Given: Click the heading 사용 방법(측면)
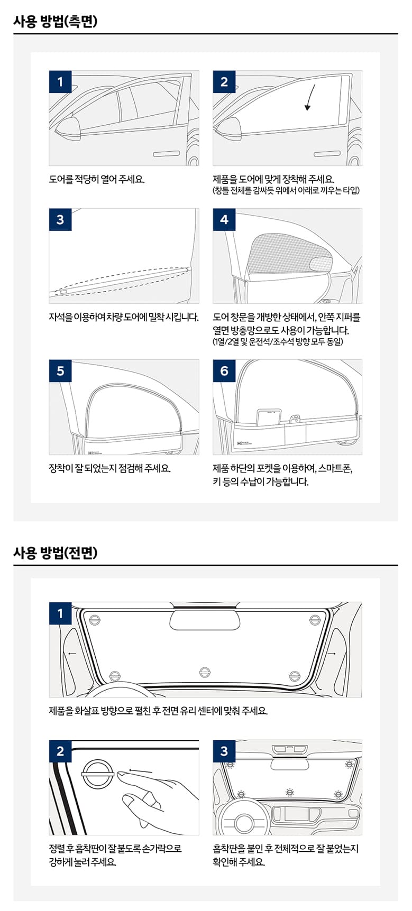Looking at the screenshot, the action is (56, 21).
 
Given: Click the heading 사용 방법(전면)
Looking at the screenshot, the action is (56, 553).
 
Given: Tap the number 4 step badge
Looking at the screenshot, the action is (224, 219).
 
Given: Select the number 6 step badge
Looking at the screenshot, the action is (224, 371).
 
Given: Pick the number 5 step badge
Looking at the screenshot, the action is (60, 371).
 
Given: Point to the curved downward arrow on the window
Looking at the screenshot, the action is (310, 97).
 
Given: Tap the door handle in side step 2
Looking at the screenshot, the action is (327, 154).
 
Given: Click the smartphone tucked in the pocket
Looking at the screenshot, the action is (269, 416).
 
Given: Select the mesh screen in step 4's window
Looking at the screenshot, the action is (290, 254).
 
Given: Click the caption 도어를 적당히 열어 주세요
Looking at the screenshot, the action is (97, 179).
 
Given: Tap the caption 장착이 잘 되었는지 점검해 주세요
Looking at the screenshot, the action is (109, 468).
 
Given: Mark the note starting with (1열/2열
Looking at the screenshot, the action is (278, 342).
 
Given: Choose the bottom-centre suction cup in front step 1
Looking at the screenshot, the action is (205, 672).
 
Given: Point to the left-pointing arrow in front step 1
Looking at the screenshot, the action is (72, 654).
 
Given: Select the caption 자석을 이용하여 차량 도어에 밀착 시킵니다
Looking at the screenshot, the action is (124, 317).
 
